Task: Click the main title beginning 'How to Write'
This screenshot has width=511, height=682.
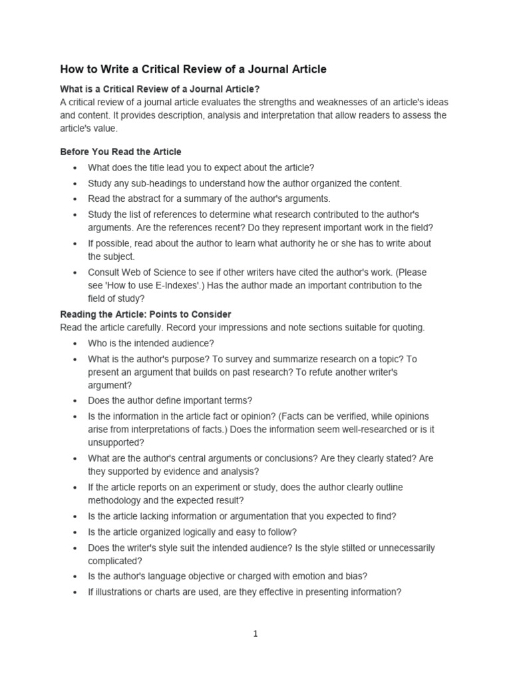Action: [194, 69]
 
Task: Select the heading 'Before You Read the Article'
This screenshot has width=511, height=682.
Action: [120, 152]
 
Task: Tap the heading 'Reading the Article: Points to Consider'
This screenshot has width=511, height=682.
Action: [146, 314]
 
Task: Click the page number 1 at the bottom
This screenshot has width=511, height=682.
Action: [255, 634]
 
